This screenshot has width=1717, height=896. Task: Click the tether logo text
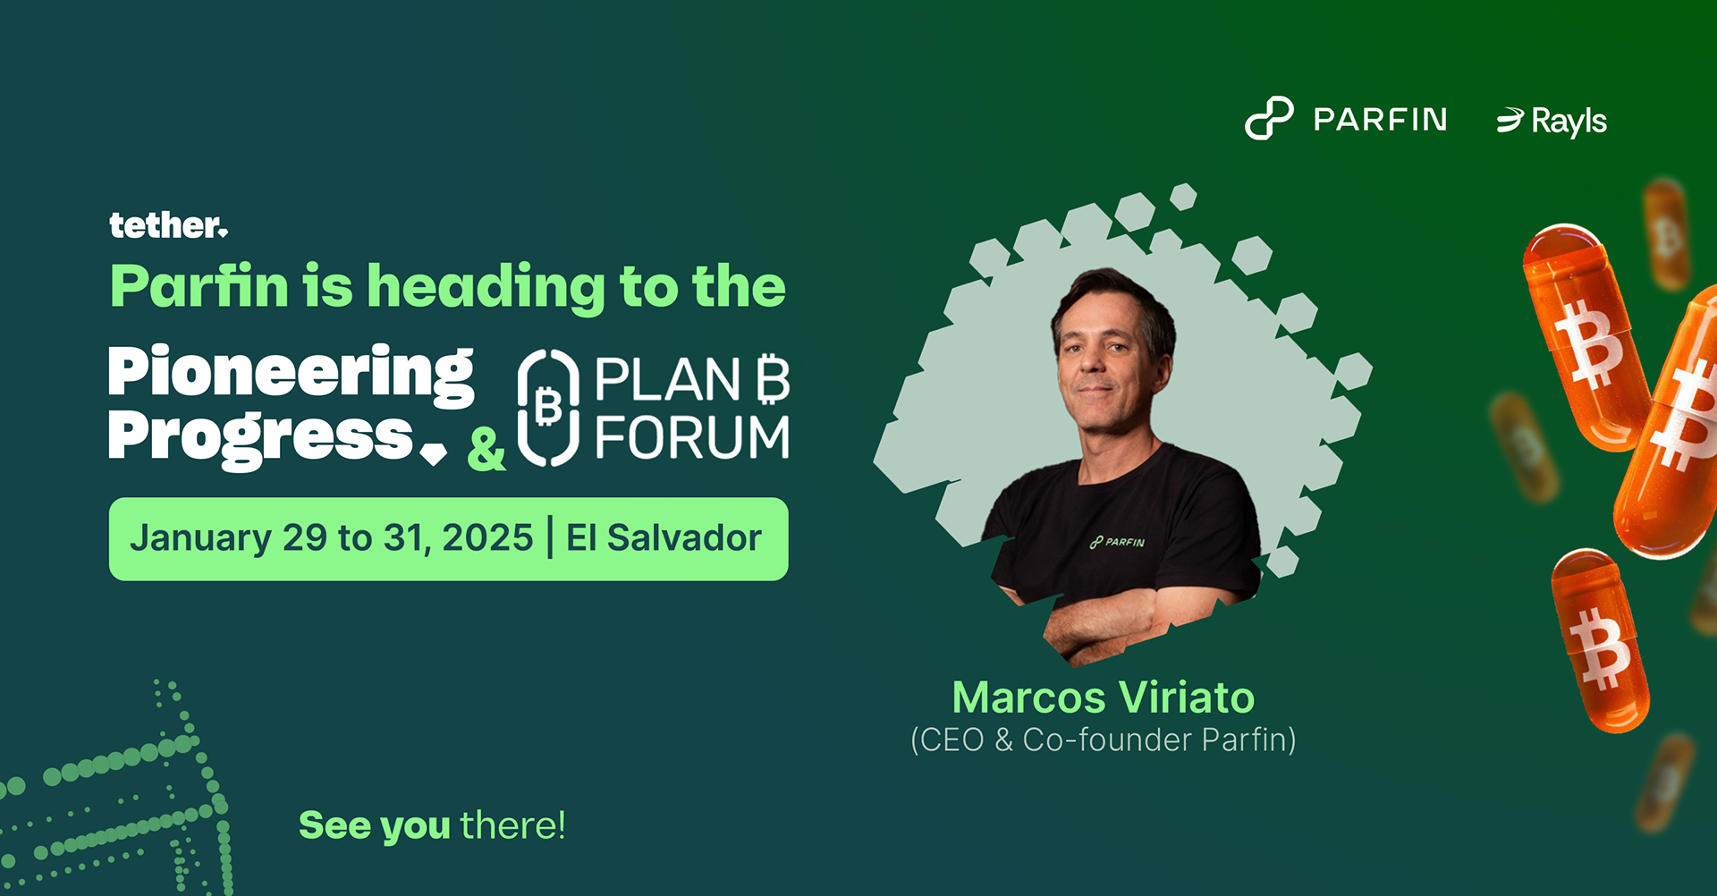168,225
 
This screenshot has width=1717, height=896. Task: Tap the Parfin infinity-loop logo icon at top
1269,119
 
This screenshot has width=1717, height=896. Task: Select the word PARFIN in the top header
1380,119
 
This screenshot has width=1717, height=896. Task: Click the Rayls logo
1552,121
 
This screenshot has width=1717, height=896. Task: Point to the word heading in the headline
486,288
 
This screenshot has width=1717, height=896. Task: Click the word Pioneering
291,374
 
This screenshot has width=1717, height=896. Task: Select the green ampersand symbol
486,449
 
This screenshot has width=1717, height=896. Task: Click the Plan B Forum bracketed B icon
548,408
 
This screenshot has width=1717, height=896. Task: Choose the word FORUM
692,437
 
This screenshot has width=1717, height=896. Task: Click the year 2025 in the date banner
487,538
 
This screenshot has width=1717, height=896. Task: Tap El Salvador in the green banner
664,538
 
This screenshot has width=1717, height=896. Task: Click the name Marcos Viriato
1104,697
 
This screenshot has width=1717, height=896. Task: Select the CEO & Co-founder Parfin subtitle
1104,740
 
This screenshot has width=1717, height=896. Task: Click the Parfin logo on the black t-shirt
1117,542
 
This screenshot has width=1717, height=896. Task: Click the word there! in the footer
512,824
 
